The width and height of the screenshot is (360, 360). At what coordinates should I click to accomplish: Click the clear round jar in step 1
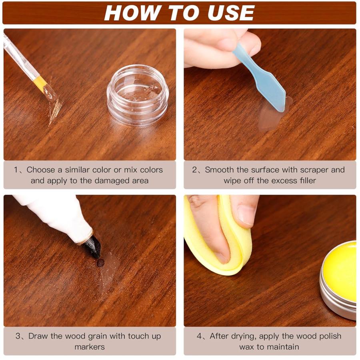pos(138,94)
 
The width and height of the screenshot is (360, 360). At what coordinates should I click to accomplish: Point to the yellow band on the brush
pos(40,83)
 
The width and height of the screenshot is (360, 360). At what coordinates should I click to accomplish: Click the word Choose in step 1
pos(41,170)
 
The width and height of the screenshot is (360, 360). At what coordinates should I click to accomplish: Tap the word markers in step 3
pos(90,347)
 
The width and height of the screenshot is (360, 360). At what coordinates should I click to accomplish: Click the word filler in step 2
pos(308,180)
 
